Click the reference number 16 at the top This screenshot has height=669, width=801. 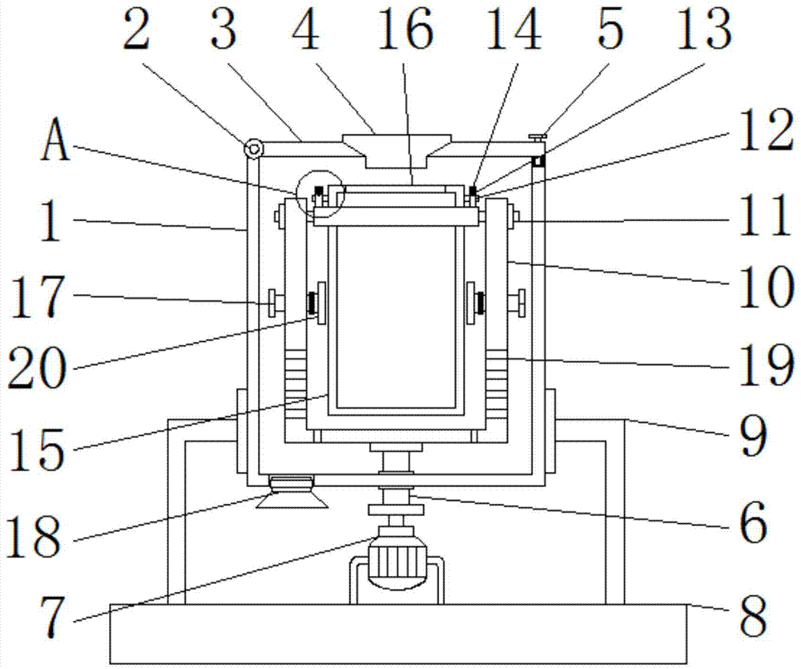pos(405,30)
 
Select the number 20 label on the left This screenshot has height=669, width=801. pos(37,368)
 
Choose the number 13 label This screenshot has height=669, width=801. pos(704,30)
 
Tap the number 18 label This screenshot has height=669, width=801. pos(34,537)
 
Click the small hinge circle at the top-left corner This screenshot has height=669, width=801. pos(253,149)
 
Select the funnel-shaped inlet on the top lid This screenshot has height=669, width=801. pos(397,151)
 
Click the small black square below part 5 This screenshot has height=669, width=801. pos(537,162)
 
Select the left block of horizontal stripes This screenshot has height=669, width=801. pos(296,384)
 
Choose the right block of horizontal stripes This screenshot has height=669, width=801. pos(497,384)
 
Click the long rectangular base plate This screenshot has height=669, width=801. pos(398,634)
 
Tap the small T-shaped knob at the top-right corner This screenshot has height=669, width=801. pos(538,138)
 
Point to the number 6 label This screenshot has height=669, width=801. pos(754,523)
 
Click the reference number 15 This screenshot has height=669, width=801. pos(37,449)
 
